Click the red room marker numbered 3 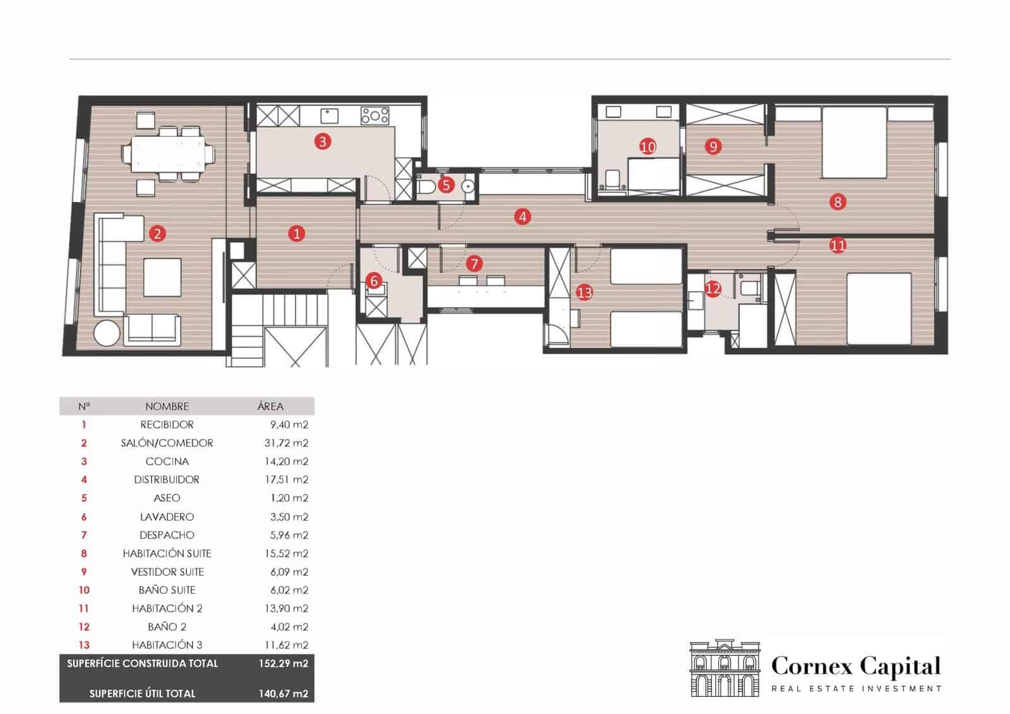pos(323,141)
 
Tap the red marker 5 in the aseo pos(446,185)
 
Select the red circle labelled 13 pos(585,293)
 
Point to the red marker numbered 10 pos(648,146)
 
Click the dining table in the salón pos(168,154)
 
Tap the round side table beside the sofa pos(107,333)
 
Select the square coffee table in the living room pos(162,277)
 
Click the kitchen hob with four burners pos(375,116)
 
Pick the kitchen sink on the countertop pos(329,116)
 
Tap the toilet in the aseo pos(426,186)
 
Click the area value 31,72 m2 pos(287,443)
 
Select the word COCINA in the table pos(167,461)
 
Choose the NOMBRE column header pos(167,407)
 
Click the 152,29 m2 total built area pos(283,663)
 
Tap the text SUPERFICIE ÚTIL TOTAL pos(142,693)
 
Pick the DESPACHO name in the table pos(167,535)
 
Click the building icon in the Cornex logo pos(725,668)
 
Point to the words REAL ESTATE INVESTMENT pos(856,689)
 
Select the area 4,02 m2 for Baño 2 pos(289,626)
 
